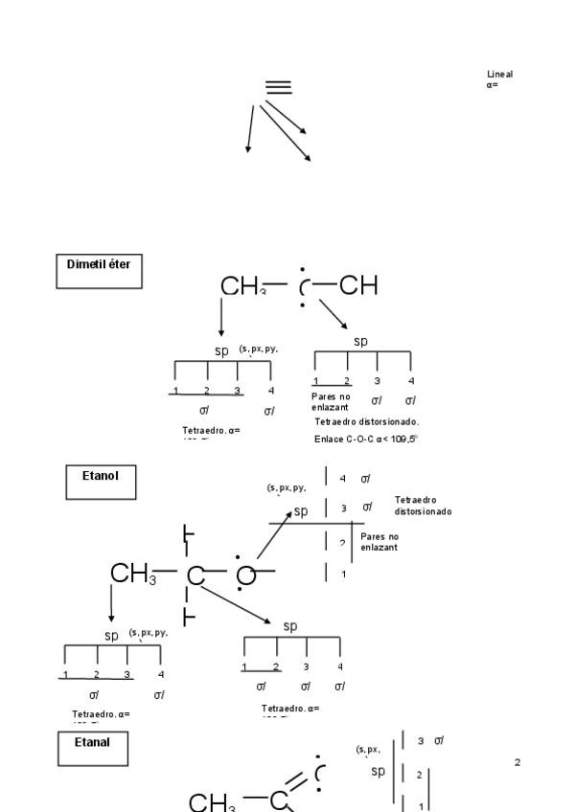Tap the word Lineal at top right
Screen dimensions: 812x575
pyautogui.click(x=499, y=74)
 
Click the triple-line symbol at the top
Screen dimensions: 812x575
pyautogui.click(x=278, y=87)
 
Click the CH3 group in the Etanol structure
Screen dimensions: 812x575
pyautogui.click(x=132, y=575)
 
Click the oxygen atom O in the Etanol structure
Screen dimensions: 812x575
pyautogui.click(x=246, y=575)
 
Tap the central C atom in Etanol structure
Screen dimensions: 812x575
pyautogui.click(x=195, y=575)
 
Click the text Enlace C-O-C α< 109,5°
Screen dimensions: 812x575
pyautogui.click(x=366, y=439)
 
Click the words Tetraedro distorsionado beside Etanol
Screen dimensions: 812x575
pyautogui.click(x=423, y=506)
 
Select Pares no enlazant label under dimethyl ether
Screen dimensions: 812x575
pyautogui.click(x=332, y=401)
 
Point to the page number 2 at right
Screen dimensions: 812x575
pyautogui.click(x=517, y=762)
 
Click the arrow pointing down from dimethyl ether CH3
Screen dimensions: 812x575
pyautogui.click(x=221, y=316)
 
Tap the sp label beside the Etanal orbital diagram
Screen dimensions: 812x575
pyautogui.click(x=379, y=771)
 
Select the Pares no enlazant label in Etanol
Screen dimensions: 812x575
pyautogui.click(x=379, y=542)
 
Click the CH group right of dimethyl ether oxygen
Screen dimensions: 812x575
pyautogui.click(x=357, y=285)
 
